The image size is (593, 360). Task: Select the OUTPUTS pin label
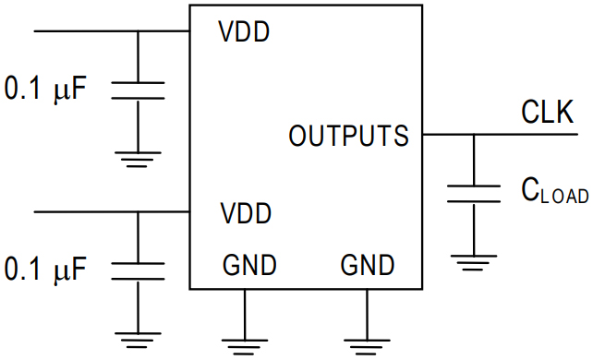tap(348, 137)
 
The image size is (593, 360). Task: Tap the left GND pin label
tap(249, 266)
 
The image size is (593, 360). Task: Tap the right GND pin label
tap(368, 266)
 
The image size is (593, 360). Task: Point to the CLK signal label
tap(547, 114)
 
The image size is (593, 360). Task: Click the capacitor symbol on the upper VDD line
tap(138, 90)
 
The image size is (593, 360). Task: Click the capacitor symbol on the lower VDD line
tap(138, 270)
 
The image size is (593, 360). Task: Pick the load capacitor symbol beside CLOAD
tap(474, 194)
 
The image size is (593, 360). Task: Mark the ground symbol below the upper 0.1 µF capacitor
tap(138, 159)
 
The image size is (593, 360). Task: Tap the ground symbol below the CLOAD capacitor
tap(474, 262)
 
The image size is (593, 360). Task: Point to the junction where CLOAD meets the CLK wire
tap(474, 135)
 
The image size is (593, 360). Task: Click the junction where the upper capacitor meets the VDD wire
tap(138, 31)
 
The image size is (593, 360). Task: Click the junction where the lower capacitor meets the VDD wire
tap(138, 211)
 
